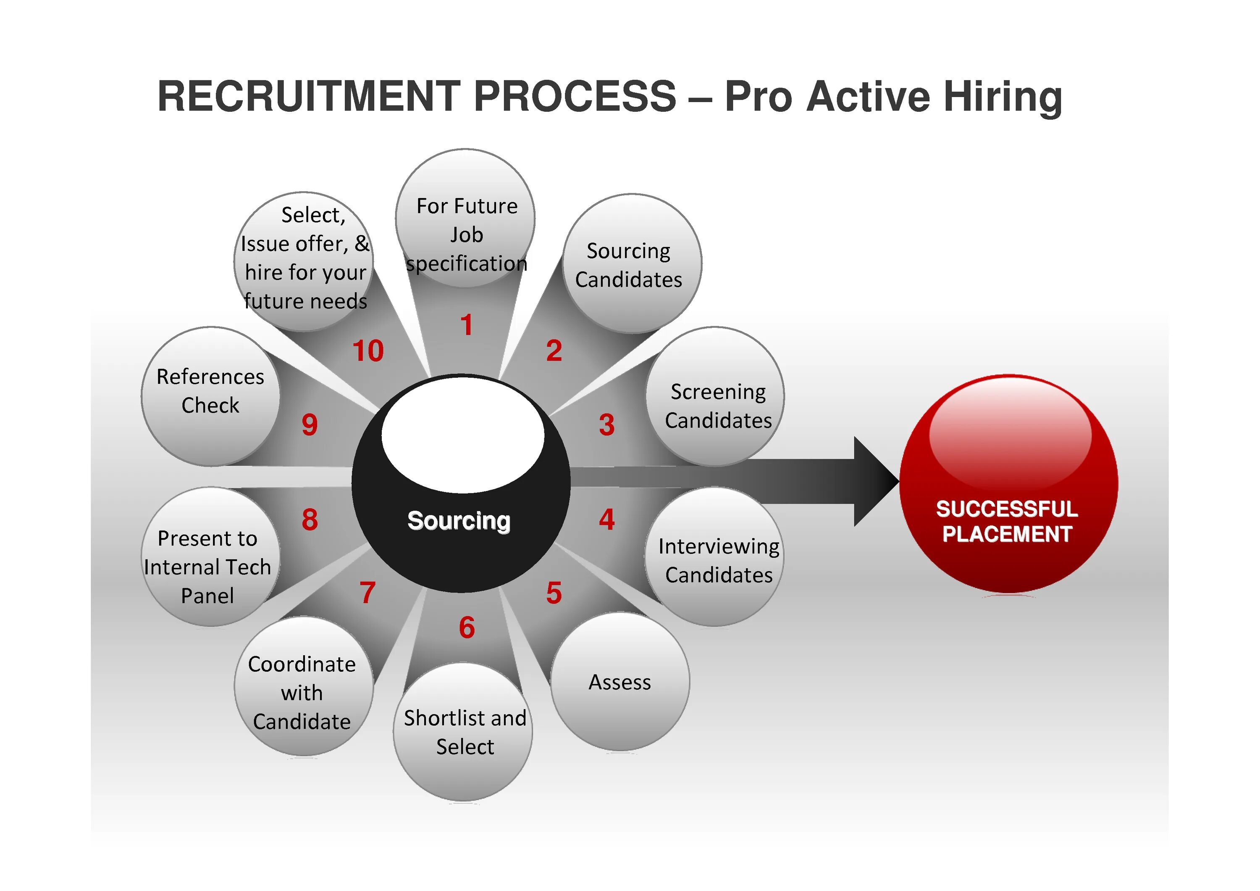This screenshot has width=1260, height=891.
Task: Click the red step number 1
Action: pos(467,324)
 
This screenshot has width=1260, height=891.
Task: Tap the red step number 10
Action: pos(367,351)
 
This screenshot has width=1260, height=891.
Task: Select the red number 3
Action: pos(606,424)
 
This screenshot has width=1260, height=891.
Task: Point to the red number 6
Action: pos(467,627)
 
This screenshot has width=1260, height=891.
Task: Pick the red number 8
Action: pos(310,519)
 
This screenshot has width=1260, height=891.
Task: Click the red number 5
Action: pos(554,593)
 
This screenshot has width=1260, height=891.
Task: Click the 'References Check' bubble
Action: pos(210,396)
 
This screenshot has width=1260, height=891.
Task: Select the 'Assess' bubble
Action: pos(620,682)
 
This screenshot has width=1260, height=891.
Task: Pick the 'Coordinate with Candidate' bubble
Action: pos(303,686)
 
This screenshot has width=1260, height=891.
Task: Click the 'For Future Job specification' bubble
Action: pos(465,219)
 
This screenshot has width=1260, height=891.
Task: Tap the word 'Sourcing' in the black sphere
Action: pos(459,520)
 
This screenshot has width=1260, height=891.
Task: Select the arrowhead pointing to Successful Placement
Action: pos(875,482)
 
